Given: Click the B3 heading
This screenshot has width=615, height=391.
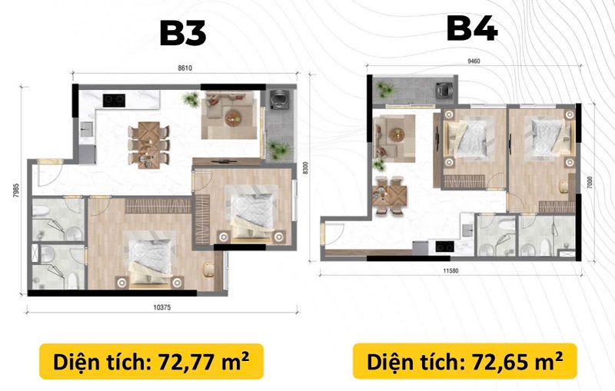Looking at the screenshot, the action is [x=183, y=33].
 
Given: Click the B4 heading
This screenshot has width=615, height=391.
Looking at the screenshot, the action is [x=472, y=28].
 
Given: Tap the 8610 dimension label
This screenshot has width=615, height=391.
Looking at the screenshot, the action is [x=185, y=68].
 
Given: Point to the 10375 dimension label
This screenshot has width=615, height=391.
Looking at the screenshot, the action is [x=162, y=307].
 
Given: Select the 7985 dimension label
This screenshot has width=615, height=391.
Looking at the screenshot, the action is [x=16, y=191].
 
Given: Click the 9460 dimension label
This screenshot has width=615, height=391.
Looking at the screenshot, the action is [x=474, y=61].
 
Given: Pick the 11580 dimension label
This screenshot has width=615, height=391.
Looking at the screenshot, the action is [x=450, y=270].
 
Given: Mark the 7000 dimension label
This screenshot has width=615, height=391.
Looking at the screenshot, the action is [x=590, y=182].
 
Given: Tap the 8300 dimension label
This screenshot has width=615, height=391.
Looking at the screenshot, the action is [x=305, y=168].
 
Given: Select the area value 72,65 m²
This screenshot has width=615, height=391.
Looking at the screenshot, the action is [x=517, y=362].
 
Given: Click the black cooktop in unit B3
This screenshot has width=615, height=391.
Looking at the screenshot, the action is [x=114, y=101].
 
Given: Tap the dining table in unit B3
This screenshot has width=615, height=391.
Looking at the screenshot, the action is [x=148, y=145].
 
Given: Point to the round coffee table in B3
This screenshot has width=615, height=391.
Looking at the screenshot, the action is [x=232, y=118].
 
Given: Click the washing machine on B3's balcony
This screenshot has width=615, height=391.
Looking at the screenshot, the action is [x=279, y=99].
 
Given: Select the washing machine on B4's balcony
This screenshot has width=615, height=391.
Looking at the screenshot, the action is [x=445, y=90].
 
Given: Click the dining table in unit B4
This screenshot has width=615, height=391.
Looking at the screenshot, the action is [x=390, y=195].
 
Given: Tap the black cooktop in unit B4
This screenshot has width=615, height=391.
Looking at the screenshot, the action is [x=445, y=247].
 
